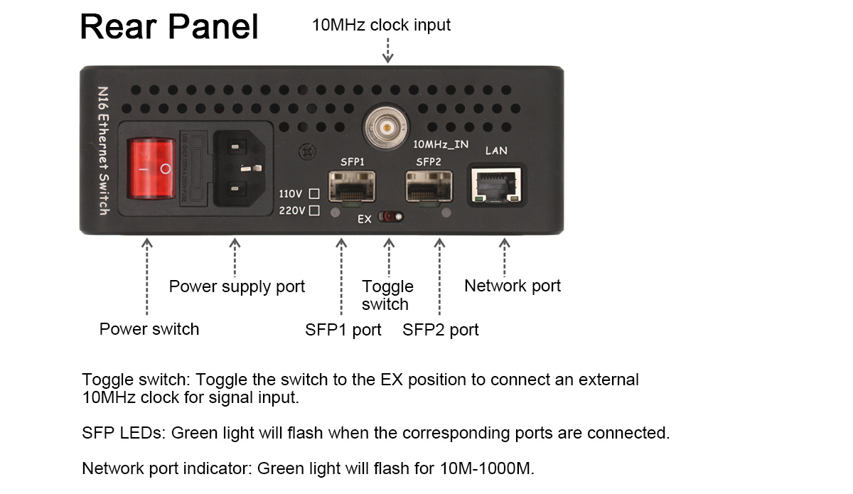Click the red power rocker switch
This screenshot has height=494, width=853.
click(x=151, y=168)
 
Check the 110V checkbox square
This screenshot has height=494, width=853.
click(x=314, y=193)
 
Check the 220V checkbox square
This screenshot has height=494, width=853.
click(x=314, y=210)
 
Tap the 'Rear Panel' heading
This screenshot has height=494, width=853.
click(x=169, y=27)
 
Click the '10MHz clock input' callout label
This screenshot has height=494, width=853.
click(x=381, y=25)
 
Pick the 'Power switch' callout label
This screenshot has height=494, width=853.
click(x=149, y=329)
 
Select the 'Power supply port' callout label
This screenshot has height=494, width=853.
click(x=237, y=286)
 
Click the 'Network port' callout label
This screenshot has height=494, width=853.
click(x=512, y=286)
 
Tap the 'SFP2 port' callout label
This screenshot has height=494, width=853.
click(x=441, y=330)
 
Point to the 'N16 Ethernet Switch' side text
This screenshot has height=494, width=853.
click(x=103, y=151)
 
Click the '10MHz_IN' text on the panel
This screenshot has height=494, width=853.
click(x=441, y=144)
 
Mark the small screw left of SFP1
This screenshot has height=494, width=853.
click(x=307, y=152)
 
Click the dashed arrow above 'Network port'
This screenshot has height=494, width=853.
click(x=505, y=257)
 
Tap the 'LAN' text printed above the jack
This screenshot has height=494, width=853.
click(x=496, y=151)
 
